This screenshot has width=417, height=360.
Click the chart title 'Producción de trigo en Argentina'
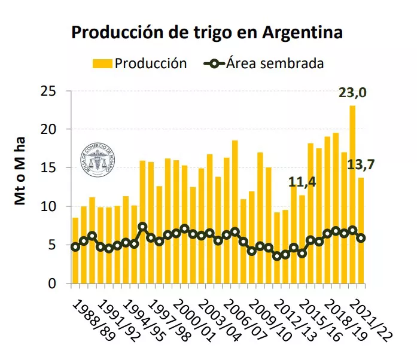pyautogui.click(x=207, y=32)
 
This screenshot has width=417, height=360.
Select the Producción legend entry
pyautogui.click(x=139, y=63)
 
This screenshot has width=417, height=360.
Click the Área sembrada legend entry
pyautogui.click(x=266, y=63)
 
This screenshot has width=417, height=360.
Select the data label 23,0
pyautogui.click(x=352, y=93)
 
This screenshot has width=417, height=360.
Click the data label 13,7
pyautogui.click(x=361, y=164)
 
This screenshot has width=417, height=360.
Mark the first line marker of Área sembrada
pyautogui.click(x=75, y=246)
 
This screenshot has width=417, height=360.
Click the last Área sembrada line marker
pyautogui.click(x=361, y=237)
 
